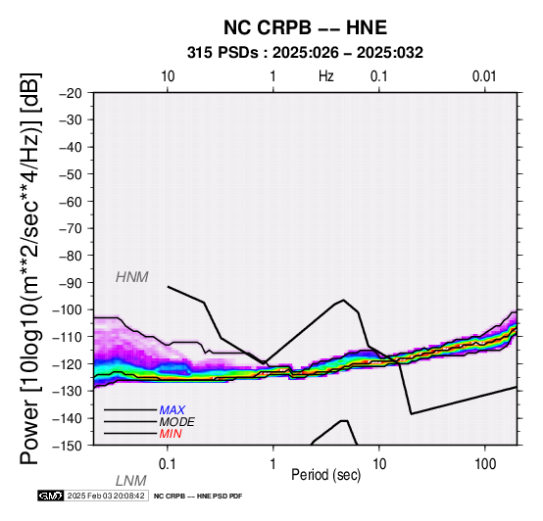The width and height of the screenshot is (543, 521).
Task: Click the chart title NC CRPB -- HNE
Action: [305, 27]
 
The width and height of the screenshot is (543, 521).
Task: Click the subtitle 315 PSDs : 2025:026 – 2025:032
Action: [305, 53]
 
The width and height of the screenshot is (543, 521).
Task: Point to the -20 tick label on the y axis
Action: [71, 93]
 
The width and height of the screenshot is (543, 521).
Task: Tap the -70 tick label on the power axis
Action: [71, 228]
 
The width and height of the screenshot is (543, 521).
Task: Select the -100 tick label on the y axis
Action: [68, 309]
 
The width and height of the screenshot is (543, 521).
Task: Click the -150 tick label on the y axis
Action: [68, 446]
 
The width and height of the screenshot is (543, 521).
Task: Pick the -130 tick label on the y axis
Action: [68, 391]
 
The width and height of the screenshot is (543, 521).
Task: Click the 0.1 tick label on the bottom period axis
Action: [168, 464]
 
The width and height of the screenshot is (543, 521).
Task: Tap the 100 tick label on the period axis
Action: [485, 464]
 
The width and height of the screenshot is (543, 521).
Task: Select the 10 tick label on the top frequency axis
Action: [168, 76]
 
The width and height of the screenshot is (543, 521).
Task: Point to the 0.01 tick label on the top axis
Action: [484, 76]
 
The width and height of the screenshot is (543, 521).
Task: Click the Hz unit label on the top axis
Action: [326, 76]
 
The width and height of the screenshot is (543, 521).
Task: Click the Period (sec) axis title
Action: [326, 475]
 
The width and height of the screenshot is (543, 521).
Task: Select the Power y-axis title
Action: [29, 268]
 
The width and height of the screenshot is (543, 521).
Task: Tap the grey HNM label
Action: [132, 277]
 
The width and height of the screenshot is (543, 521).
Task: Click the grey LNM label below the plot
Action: [131, 481]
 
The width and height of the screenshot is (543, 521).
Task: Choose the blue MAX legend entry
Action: [173, 410]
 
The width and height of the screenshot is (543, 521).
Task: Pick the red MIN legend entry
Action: [171, 434]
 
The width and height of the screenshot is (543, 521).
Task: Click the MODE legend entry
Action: [177, 422]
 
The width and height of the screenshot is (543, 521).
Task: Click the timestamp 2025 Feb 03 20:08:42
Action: [106, 496]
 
